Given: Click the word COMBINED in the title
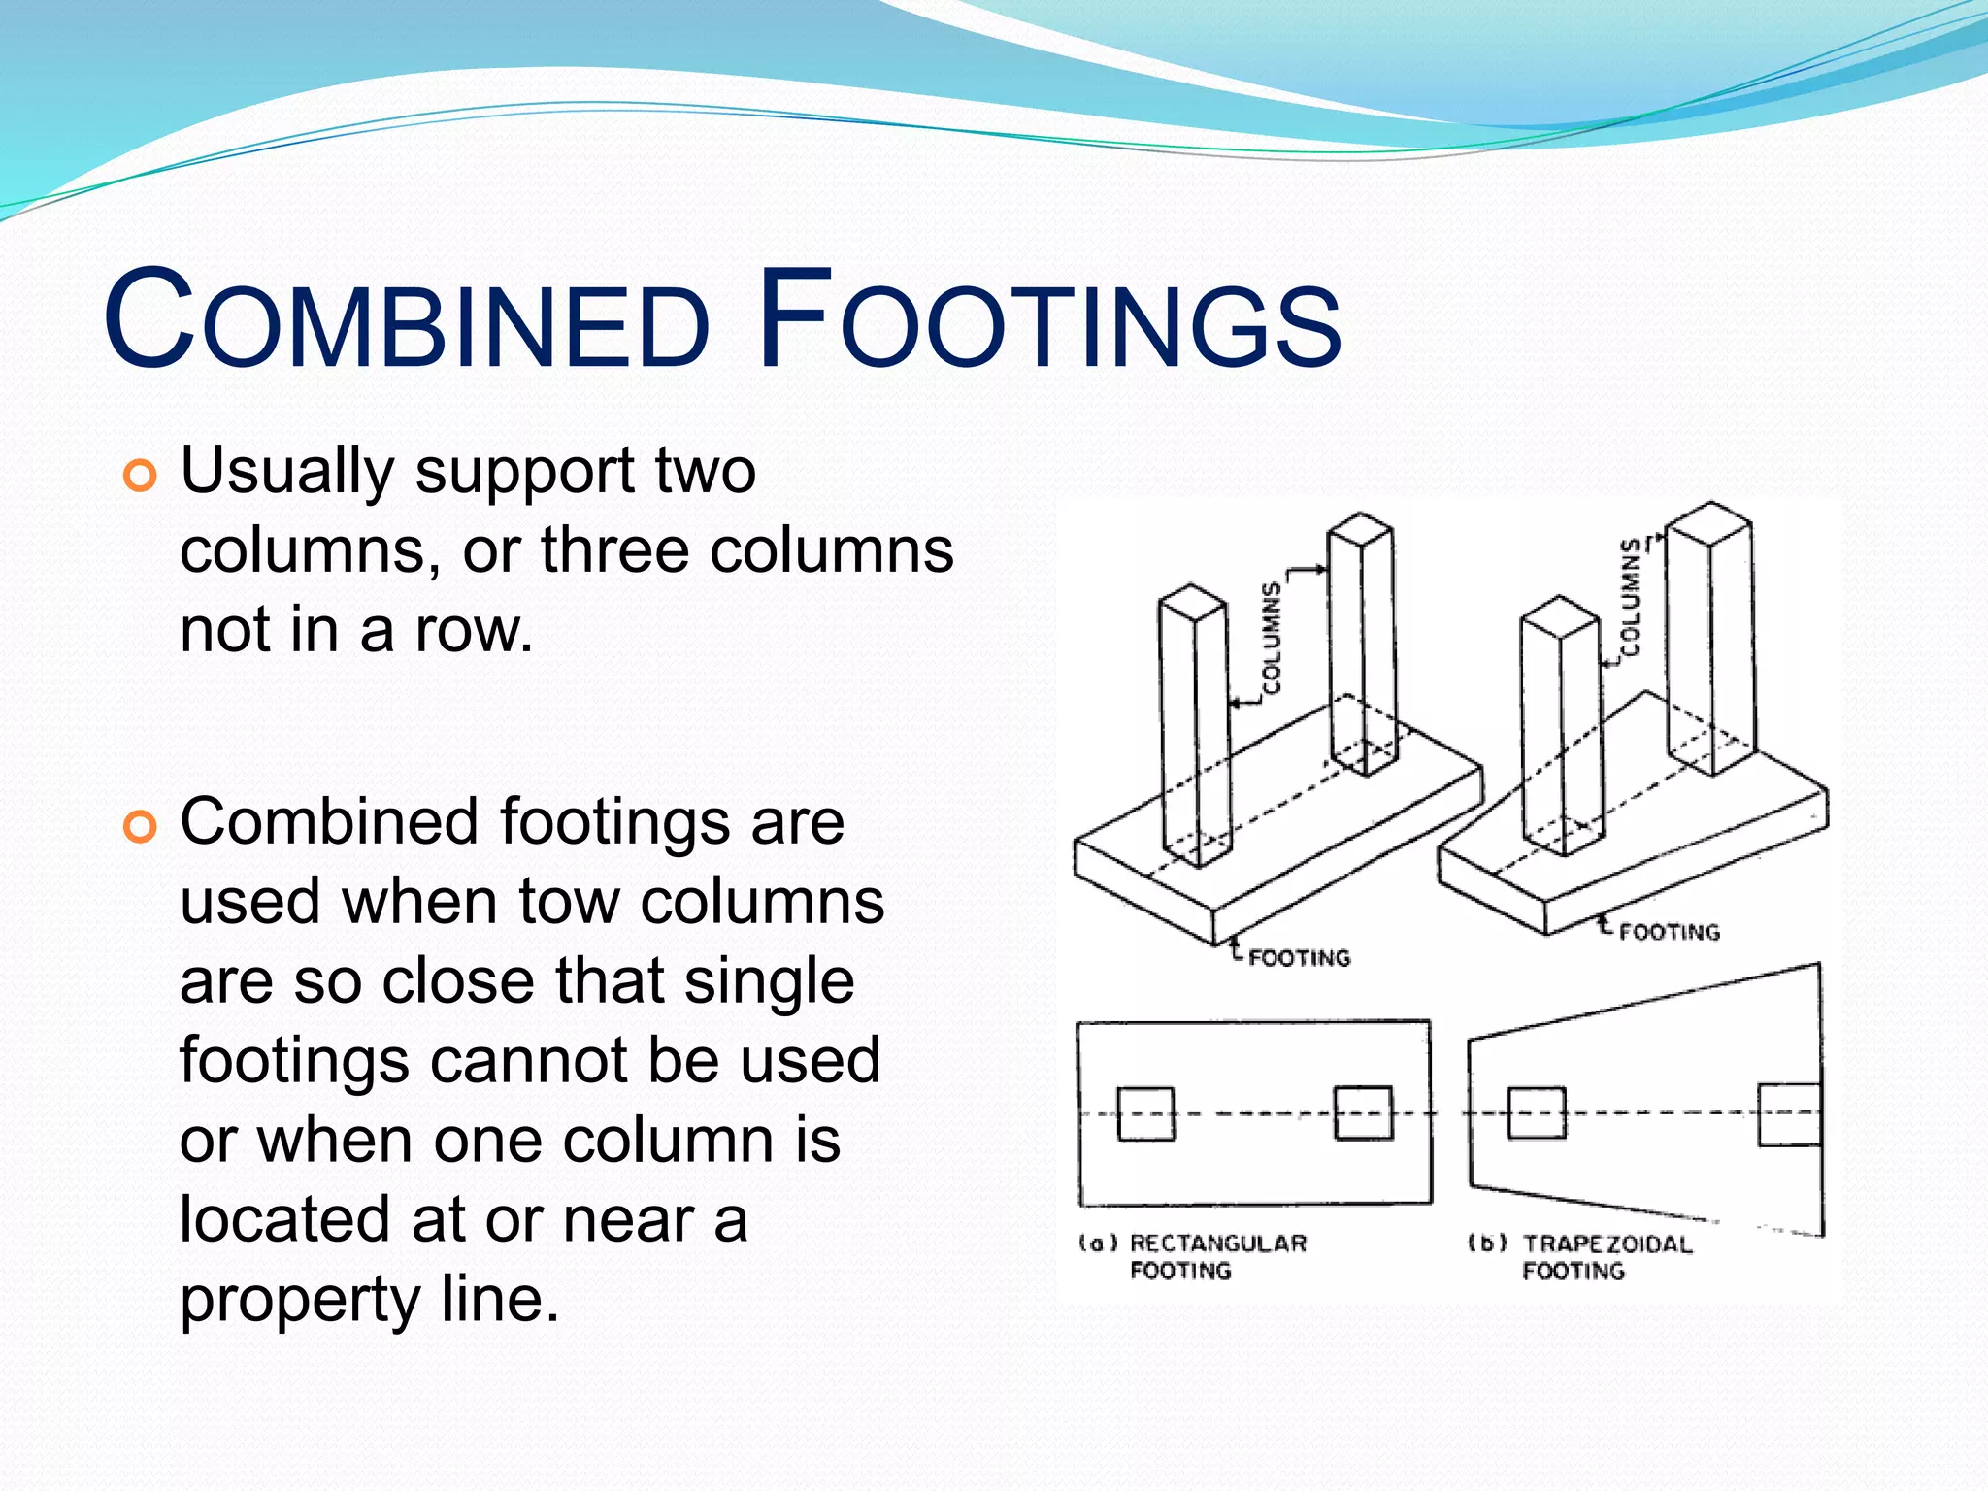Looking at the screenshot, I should pyautogui.click(x=408, y=320).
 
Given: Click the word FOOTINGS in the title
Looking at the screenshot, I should pyautogui.click(x=1048, y=320).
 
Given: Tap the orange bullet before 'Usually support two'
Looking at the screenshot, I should pyautogui.click(x=141, y=476).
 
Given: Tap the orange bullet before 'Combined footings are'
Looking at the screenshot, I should pyautogui.click(x=141, y=827).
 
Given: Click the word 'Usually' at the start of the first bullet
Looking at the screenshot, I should pyautogui.click(x=286, y=472).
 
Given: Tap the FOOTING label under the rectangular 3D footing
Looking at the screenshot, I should pyautogui.click(x=1299, y=958).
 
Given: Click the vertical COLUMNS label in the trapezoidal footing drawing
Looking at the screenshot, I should pyautogui.click(x=1631, y=597).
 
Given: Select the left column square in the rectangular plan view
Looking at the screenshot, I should pyautogui.click(x=1145, y=1112).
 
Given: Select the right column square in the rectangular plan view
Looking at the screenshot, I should pyautogui.click(x=1363, y=1112).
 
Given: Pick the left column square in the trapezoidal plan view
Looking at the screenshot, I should pyautogui.click(x=1536, y=1112).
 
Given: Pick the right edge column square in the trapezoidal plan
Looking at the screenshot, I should pyautogui.click(x=1790, y=1114).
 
